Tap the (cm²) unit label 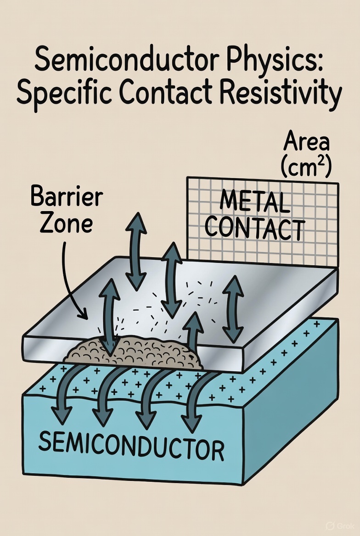(306, 167)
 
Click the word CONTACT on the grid (254, 229)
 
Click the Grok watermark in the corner (338, 525)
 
